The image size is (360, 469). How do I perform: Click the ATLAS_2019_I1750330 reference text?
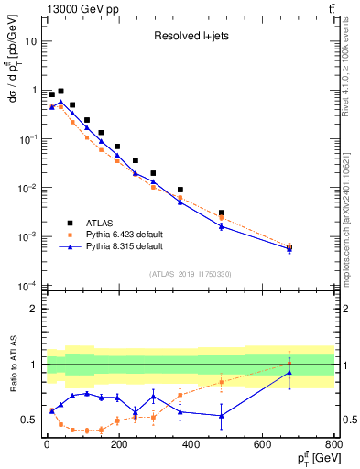tap(190, 274)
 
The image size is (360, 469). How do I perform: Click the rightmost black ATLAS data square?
tap(289, 246)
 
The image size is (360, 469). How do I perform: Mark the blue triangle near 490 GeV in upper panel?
tap(222, 225)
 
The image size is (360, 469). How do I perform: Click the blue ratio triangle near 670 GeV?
tap(289, 372)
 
